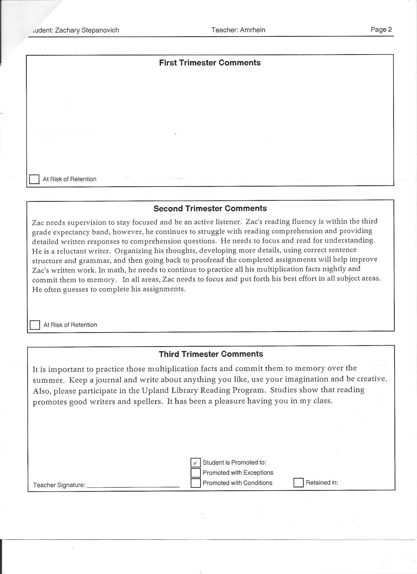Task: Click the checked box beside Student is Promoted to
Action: pos(195,462)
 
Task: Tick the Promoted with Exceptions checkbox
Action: pos(195,473)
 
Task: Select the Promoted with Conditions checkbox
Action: pos(195,483)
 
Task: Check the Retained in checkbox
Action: pos(298,482)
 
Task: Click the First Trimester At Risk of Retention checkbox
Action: pos(34,179)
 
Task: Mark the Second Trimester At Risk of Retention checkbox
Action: pos(35,325)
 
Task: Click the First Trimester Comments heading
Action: pos(210,63)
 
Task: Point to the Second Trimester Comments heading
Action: pos(210,208)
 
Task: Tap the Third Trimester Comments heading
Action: pos(211,354)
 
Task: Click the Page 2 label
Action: pos(381,29)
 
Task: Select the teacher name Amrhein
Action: pos(253,30)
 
